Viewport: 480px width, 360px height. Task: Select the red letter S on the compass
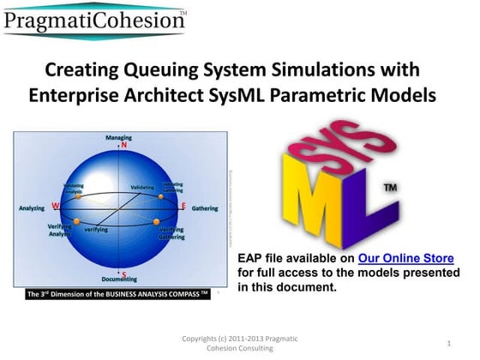(x=124, y=274)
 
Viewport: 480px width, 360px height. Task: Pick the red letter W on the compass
(x=56, y=206)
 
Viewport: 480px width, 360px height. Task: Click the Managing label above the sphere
(x=118, y=137)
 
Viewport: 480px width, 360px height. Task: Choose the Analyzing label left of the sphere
(x=32, y=207)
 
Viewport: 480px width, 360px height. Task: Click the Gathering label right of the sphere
(x=205, y=207)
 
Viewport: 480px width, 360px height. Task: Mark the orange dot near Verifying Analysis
(x=76, y=222)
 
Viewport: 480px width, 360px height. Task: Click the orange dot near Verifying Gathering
(x=158, y=221)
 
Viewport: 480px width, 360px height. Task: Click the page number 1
(x=448, y=344)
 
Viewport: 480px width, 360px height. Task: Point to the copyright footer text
(x=241, y=344)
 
